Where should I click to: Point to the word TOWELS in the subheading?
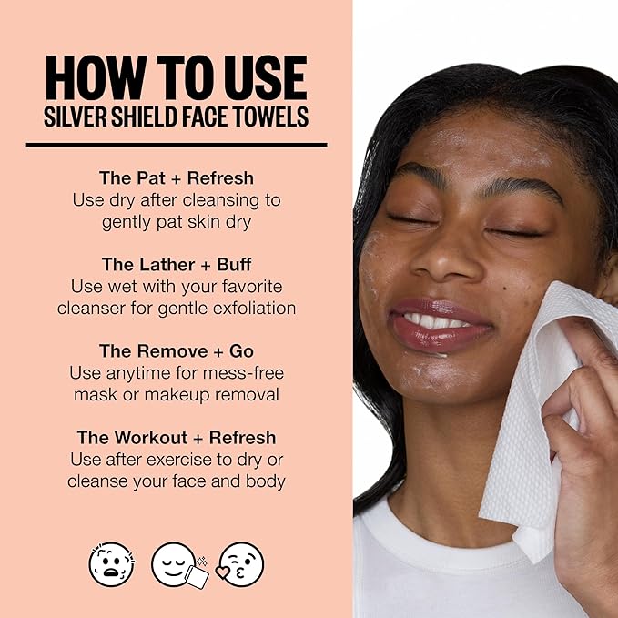tap(271, 118)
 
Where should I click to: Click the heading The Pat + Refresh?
tap(177, 177)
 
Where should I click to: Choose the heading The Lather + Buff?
tap(177, 265)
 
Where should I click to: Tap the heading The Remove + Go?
tap(177, 351)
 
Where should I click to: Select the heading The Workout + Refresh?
tap(177, 439)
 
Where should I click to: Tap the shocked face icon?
tap(110, 563)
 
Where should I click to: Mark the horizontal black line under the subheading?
tap(177, 144)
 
